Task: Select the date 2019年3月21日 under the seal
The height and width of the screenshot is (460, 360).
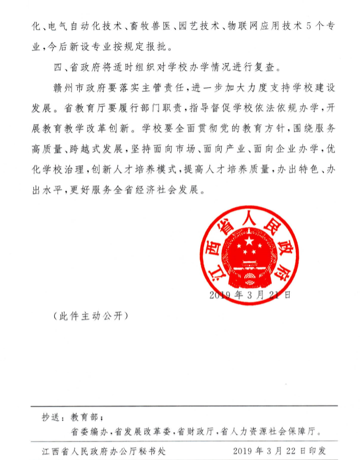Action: [250, 295]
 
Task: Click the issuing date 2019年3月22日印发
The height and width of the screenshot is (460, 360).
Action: [279, 450]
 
